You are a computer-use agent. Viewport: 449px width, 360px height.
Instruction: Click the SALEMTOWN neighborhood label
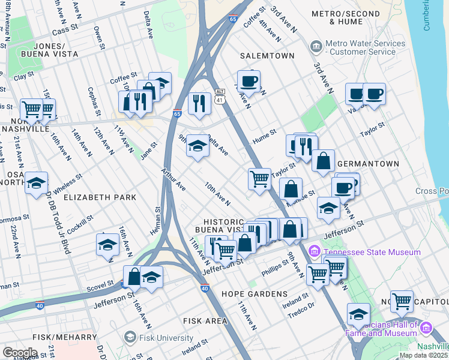[267, 56]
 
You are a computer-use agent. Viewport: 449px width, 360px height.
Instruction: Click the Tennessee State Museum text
[372, 252]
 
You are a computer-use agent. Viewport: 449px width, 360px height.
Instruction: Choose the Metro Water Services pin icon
[315, 47]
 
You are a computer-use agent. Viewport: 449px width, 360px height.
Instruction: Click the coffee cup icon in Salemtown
[248, 81]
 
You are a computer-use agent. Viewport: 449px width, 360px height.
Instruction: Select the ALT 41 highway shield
[220, 94]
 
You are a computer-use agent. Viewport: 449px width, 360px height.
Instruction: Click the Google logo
[19, 352]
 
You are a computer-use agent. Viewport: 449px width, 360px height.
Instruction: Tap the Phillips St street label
[279, 265]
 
